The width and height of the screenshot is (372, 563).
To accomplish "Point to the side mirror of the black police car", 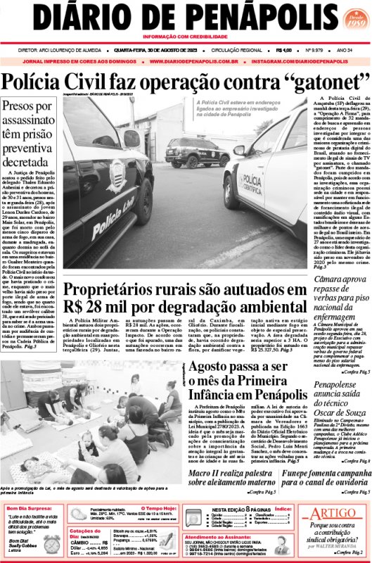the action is point(132,139).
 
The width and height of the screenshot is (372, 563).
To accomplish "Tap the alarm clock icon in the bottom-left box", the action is point(51,544).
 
